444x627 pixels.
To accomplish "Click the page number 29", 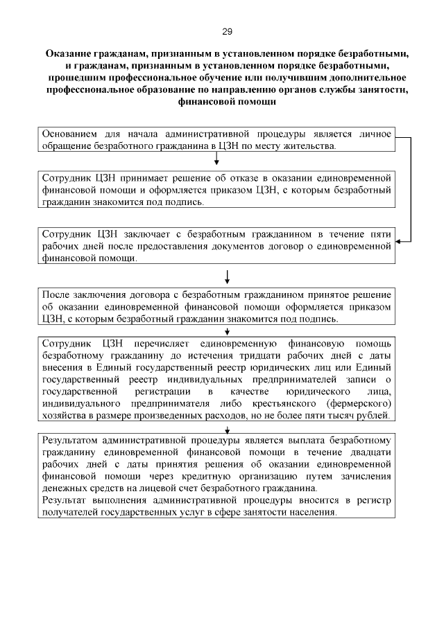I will tap(227, 31).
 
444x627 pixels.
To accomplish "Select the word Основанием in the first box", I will tap(70, 134).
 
